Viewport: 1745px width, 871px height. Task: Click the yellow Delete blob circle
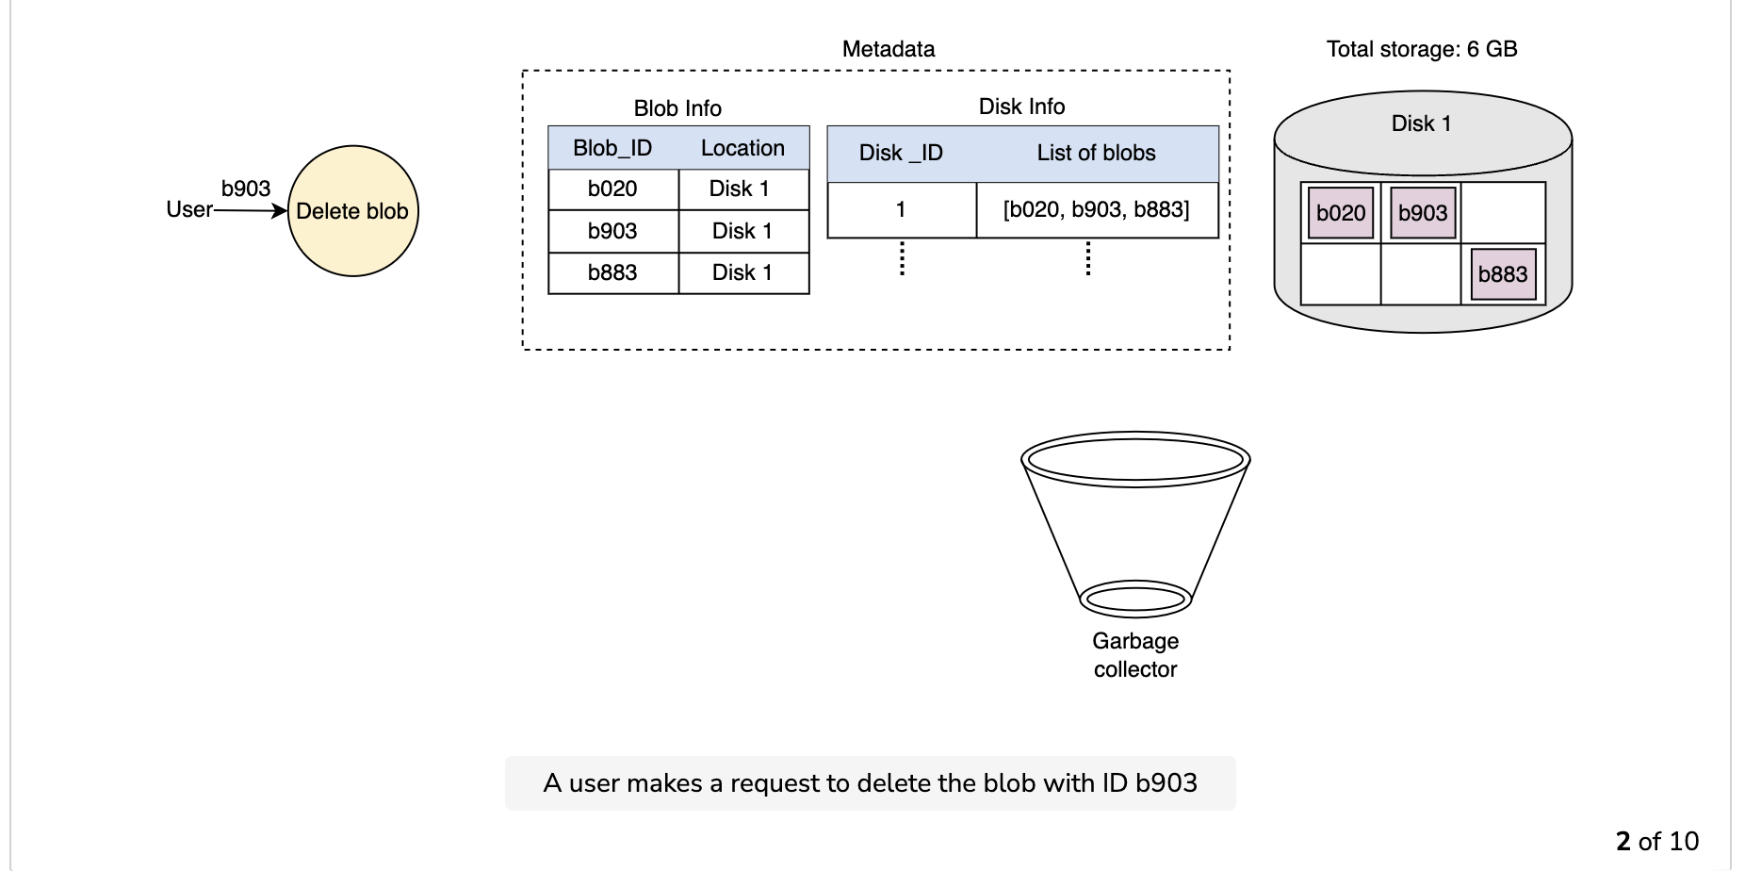coord(352,211)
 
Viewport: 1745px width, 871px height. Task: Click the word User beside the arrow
coord(189,209)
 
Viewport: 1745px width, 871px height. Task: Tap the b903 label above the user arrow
coord(246,189)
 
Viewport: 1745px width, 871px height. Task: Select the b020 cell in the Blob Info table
coord(613,189)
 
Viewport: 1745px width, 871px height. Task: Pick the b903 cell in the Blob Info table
coord(613,231)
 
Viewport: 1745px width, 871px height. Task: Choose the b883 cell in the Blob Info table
coord(613,273)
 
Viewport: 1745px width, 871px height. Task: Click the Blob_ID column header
coord(612,148)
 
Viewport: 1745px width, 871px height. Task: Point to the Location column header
coord(742,148)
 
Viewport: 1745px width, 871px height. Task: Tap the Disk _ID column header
coord(901,153)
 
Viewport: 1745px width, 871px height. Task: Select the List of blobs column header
coord(1096,153)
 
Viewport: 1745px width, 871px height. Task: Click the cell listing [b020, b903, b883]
coord(1098,210)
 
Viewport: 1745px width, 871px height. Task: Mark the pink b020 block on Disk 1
coord(1341,213)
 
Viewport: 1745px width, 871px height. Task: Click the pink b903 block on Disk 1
coord(1423,213)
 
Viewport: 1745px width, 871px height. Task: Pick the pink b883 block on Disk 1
coord(1503,274)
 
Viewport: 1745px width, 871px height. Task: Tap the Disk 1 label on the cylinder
coord(1422,123)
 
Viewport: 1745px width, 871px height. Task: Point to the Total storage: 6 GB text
coord(1422,49)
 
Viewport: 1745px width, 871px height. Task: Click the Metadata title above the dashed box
coord(889,49)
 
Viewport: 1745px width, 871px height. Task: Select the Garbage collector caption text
coord(1135,655)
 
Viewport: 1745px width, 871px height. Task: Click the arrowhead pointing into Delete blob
coord(280,211)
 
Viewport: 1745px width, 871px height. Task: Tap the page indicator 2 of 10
coord(1657,841)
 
